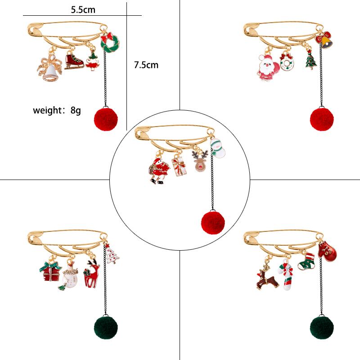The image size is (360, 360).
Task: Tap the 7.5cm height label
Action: [146, 65]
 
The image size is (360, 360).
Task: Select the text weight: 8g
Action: [57, 110]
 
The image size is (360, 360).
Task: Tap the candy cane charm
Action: [287, 276]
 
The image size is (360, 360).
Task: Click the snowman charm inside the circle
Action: [217, 149]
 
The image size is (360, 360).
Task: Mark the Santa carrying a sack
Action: [159, 170]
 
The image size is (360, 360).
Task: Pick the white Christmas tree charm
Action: [112, 254]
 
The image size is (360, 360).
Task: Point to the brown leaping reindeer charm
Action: [265, 278]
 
